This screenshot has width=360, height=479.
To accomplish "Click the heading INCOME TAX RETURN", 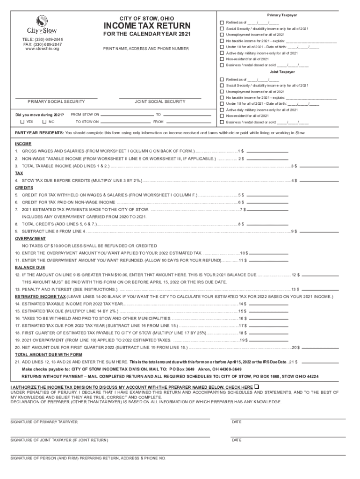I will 147,26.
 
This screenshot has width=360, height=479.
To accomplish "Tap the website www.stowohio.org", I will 42,48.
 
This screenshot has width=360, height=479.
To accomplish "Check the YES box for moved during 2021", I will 23,122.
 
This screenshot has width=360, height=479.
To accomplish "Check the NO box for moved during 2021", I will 45,122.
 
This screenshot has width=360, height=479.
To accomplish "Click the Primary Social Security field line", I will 56,97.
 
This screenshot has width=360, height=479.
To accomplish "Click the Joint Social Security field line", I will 160,97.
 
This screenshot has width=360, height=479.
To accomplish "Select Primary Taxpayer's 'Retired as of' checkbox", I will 222,22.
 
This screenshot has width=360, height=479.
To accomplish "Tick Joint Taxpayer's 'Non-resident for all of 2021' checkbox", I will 222,116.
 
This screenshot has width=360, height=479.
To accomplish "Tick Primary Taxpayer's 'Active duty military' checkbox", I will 222,53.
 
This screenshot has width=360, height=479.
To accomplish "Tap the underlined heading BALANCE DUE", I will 30,267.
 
